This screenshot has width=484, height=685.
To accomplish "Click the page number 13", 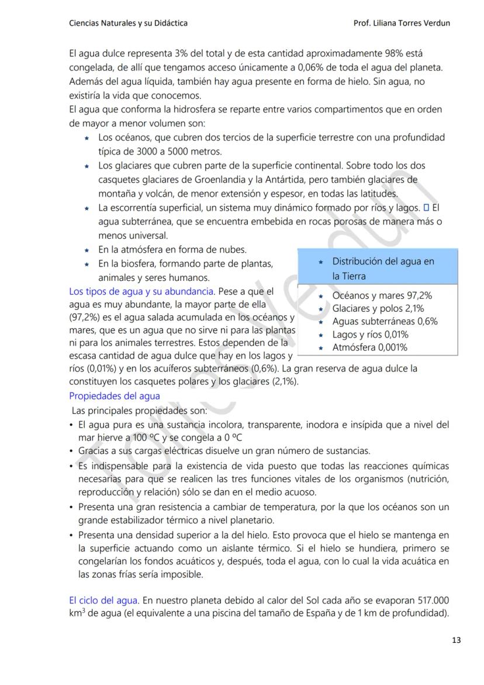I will point(457,640).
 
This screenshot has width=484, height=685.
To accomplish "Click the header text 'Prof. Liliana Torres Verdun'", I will point(402,23).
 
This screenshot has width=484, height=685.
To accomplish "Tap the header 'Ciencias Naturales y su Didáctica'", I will point(128,23).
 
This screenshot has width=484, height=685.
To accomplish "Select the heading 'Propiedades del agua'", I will point(115,396).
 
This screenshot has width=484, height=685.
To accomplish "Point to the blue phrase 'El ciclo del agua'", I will point(103,600).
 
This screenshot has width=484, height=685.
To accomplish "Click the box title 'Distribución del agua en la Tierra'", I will point(383,269).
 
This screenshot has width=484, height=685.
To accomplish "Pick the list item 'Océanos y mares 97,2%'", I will point(382,295).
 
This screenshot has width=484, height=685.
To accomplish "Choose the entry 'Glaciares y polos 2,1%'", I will point(378,308).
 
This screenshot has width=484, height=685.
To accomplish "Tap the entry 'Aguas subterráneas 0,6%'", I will point(385,321).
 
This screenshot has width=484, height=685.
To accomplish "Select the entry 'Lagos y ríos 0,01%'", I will point(370,335).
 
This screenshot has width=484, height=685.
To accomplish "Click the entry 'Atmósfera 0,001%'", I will point(369,347).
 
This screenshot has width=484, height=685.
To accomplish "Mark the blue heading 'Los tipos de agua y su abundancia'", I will point(141,291).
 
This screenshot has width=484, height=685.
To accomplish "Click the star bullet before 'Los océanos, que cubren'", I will point(87,138).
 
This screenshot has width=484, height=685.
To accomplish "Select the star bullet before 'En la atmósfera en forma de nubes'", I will point(87,250).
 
